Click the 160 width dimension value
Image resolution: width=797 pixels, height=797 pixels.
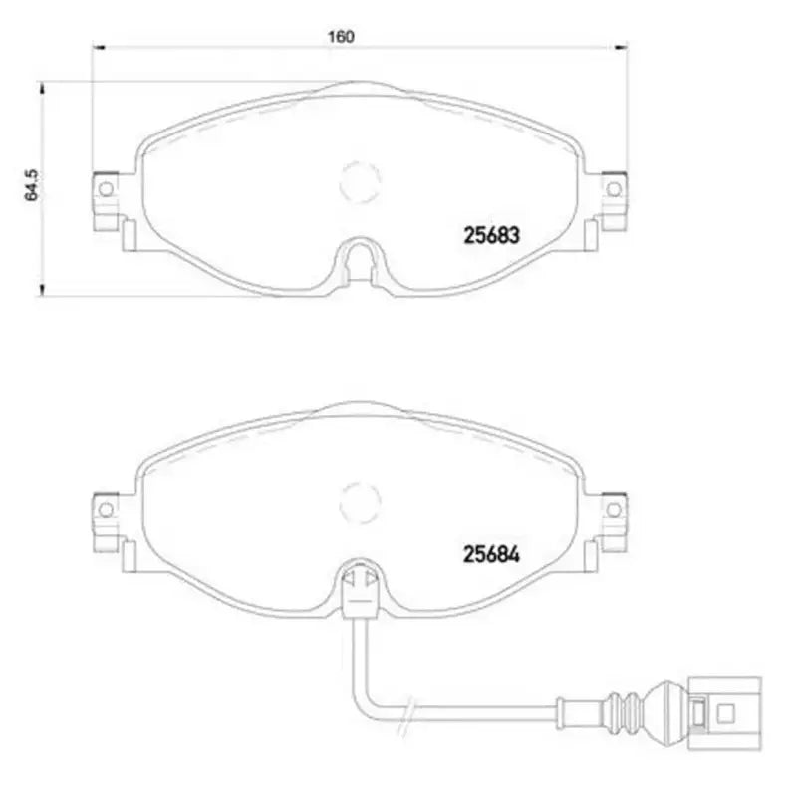pos(341,37)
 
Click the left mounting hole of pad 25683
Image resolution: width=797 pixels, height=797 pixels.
pos(103,186)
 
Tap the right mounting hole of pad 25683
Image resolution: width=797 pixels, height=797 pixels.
pos(613,186)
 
